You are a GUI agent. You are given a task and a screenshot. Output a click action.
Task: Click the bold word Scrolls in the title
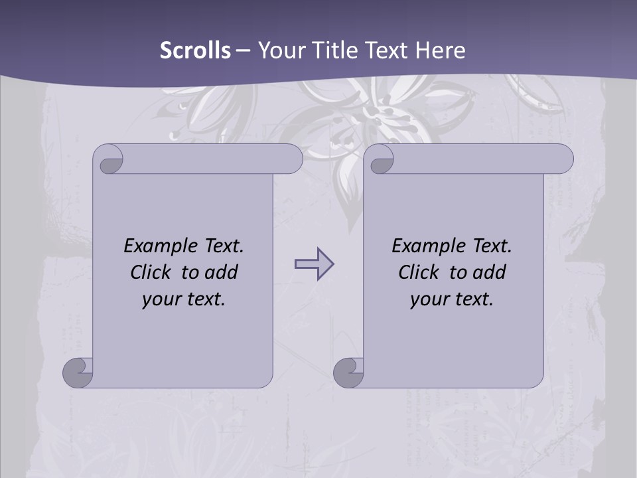(195, 50)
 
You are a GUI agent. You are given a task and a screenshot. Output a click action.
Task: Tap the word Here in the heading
(440, 50)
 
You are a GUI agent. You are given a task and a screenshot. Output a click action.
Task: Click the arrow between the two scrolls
(314, 264)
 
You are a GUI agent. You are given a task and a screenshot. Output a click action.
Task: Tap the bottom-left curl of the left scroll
(78, 373)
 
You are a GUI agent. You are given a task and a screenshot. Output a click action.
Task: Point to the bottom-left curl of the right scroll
(348, 373)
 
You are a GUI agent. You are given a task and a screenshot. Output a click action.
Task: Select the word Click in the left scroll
(151, 273)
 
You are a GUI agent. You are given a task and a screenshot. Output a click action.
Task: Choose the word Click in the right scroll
(419, 273)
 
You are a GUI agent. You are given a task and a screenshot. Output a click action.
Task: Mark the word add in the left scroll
(221, 273)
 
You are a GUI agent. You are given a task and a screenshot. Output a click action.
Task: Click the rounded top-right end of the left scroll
(292, 159)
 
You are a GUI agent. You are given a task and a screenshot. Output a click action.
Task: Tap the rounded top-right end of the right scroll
(563, 159)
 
